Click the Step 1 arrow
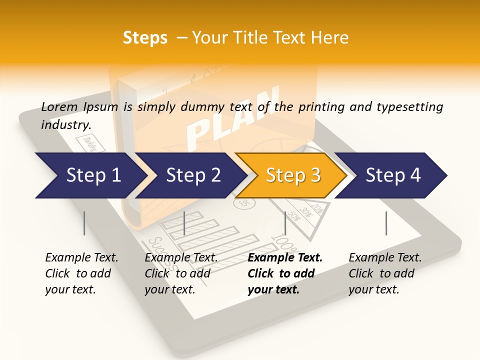(90, 175)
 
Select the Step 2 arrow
(192, 175)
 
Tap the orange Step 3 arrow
(292, 175)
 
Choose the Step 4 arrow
(392, 175)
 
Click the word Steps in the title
(145, 37)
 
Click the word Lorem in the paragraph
(59, 106)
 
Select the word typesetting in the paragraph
(409, 106)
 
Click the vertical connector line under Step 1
(84, 223)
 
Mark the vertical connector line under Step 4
(386, 223)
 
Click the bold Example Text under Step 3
(285, 258)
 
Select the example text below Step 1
(81, 273)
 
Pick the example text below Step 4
(384, 273)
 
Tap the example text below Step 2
(180, 273)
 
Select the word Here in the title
(330, 37)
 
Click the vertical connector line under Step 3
(285, 223)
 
